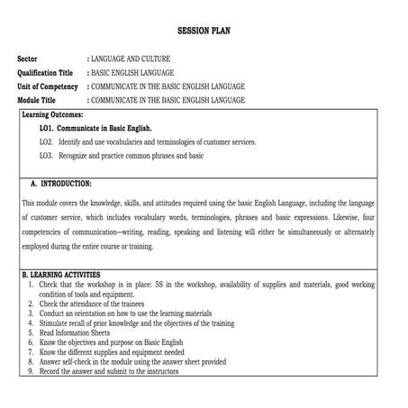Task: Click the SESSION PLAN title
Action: tap(204, 28)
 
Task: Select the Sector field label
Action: tap(29, 59)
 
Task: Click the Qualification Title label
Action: tap(45, 72)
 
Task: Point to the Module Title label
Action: tap(37, 100)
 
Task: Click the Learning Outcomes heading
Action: tap(52, 115)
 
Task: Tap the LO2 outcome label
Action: tap(46, 142)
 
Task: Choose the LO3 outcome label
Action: tap(46, 156)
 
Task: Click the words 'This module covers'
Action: tap(52, 203)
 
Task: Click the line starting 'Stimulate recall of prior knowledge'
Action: tap(135, 322)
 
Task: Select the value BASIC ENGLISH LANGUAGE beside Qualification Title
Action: tap(133, 72)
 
